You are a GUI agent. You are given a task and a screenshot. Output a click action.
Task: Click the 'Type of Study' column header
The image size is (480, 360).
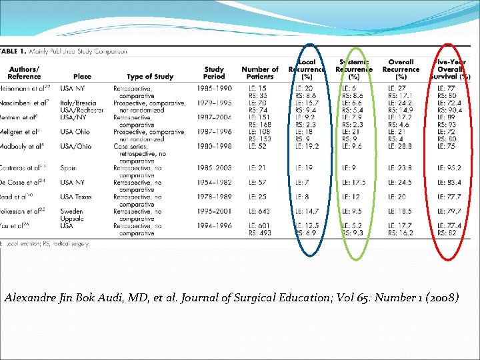click(149, 77)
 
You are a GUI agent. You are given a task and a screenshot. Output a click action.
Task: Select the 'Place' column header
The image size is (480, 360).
click(82, 77)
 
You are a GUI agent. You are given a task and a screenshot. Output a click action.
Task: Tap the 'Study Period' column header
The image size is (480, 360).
click(214, 73)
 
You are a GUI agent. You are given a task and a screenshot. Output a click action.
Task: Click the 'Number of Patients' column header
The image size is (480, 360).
click(259, 73)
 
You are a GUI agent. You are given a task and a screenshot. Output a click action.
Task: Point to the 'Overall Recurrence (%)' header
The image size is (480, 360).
click(401, 69)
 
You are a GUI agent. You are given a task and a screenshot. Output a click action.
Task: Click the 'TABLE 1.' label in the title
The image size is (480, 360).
click(14, 51)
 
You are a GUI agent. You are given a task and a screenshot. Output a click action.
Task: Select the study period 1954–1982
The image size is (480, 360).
click(214, 182)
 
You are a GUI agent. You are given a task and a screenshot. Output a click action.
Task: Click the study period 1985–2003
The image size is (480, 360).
click(214, 168)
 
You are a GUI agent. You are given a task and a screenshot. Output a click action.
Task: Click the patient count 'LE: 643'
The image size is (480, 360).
click(255, 211)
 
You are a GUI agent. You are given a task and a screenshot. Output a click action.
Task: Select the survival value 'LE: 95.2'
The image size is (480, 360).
click(450, 168)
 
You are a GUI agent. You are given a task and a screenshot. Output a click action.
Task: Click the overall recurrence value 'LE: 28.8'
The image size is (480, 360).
click(401, 146)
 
